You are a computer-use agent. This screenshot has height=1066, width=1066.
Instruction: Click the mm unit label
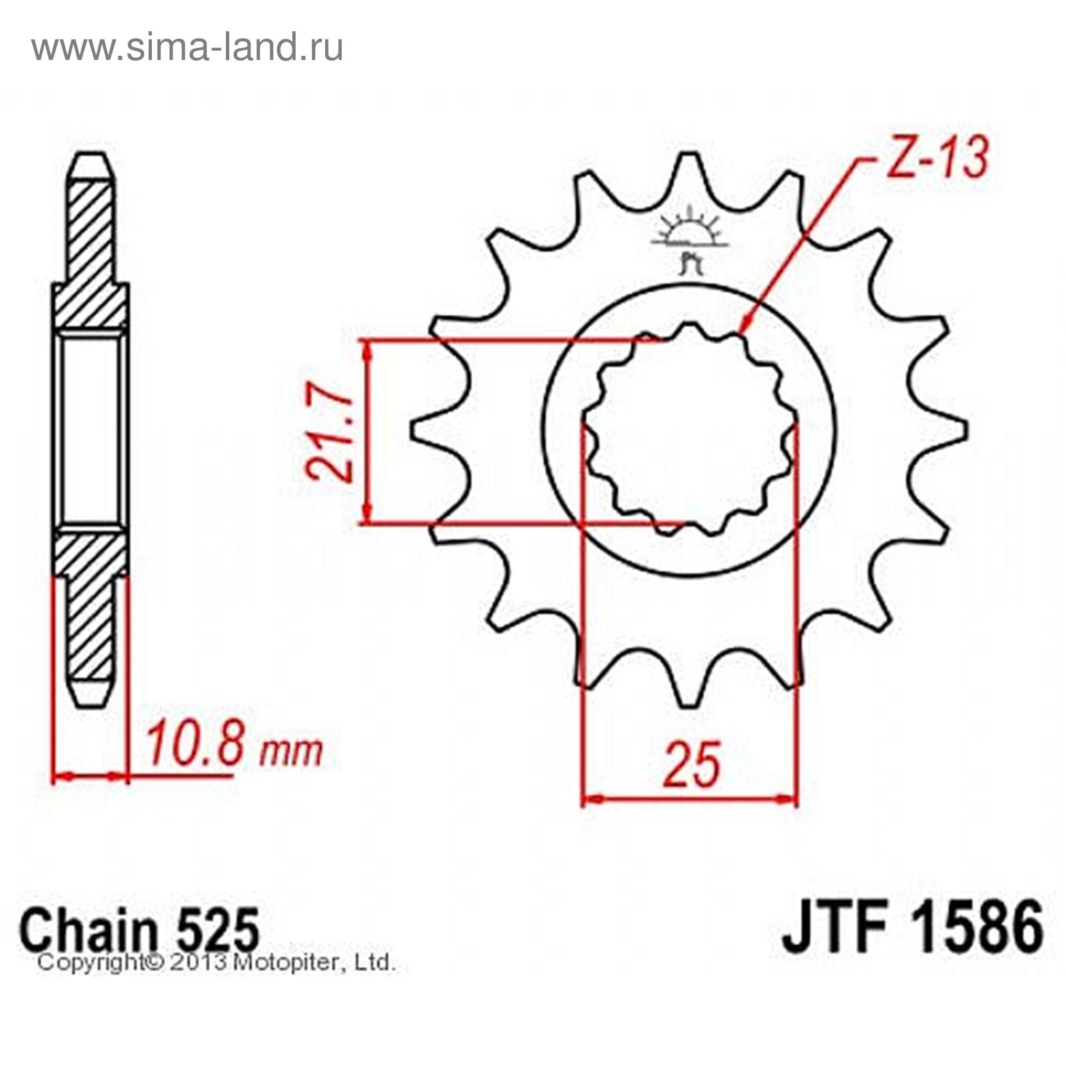pyautogui.click(x=290, y=752)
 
